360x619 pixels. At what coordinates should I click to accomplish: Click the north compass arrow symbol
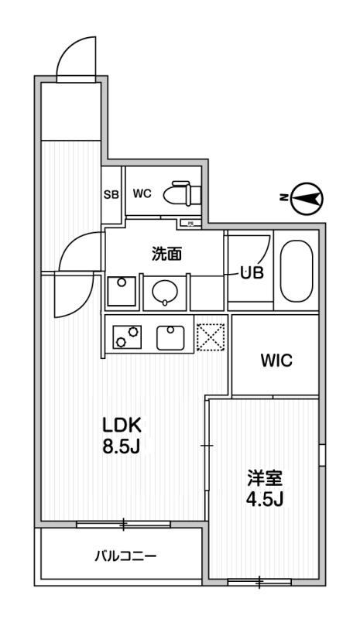tap(307, 199)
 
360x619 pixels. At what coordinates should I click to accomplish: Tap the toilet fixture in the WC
tap(183, 193)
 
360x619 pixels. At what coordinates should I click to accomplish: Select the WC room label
tap(142, 194)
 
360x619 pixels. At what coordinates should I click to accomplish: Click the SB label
tap(111, 195)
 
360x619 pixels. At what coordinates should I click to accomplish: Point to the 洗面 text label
tap(165, 253)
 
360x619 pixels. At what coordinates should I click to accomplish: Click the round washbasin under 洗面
tap(165, 292)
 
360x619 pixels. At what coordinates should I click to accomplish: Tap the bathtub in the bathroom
tap(296, 272)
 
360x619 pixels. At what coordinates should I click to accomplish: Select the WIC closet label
tap(275, 361)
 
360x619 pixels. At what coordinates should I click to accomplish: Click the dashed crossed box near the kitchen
tap(210, 337)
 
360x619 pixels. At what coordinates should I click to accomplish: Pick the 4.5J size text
tap(264, 499)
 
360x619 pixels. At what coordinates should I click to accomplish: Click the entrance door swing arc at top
tap(74, 56)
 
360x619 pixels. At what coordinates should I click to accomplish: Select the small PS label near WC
tap(190, 224)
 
